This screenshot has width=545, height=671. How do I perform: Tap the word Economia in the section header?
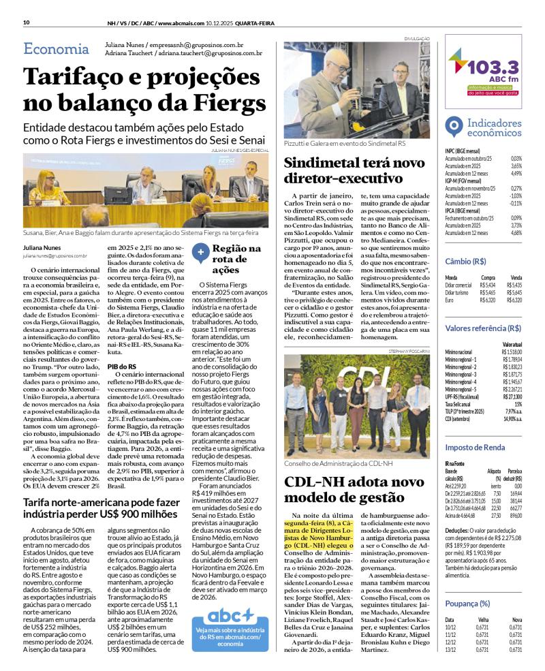click(56, 48)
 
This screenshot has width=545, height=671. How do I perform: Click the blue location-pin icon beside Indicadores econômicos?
click(452, 127)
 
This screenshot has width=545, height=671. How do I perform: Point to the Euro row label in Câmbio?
click(449, 300)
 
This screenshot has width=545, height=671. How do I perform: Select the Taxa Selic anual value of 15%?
click(518, 405)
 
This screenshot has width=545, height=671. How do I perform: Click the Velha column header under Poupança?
click(483, 620)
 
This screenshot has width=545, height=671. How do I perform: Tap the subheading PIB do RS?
click(123, 366)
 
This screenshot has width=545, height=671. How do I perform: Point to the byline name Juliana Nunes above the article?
click(42, 249)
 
